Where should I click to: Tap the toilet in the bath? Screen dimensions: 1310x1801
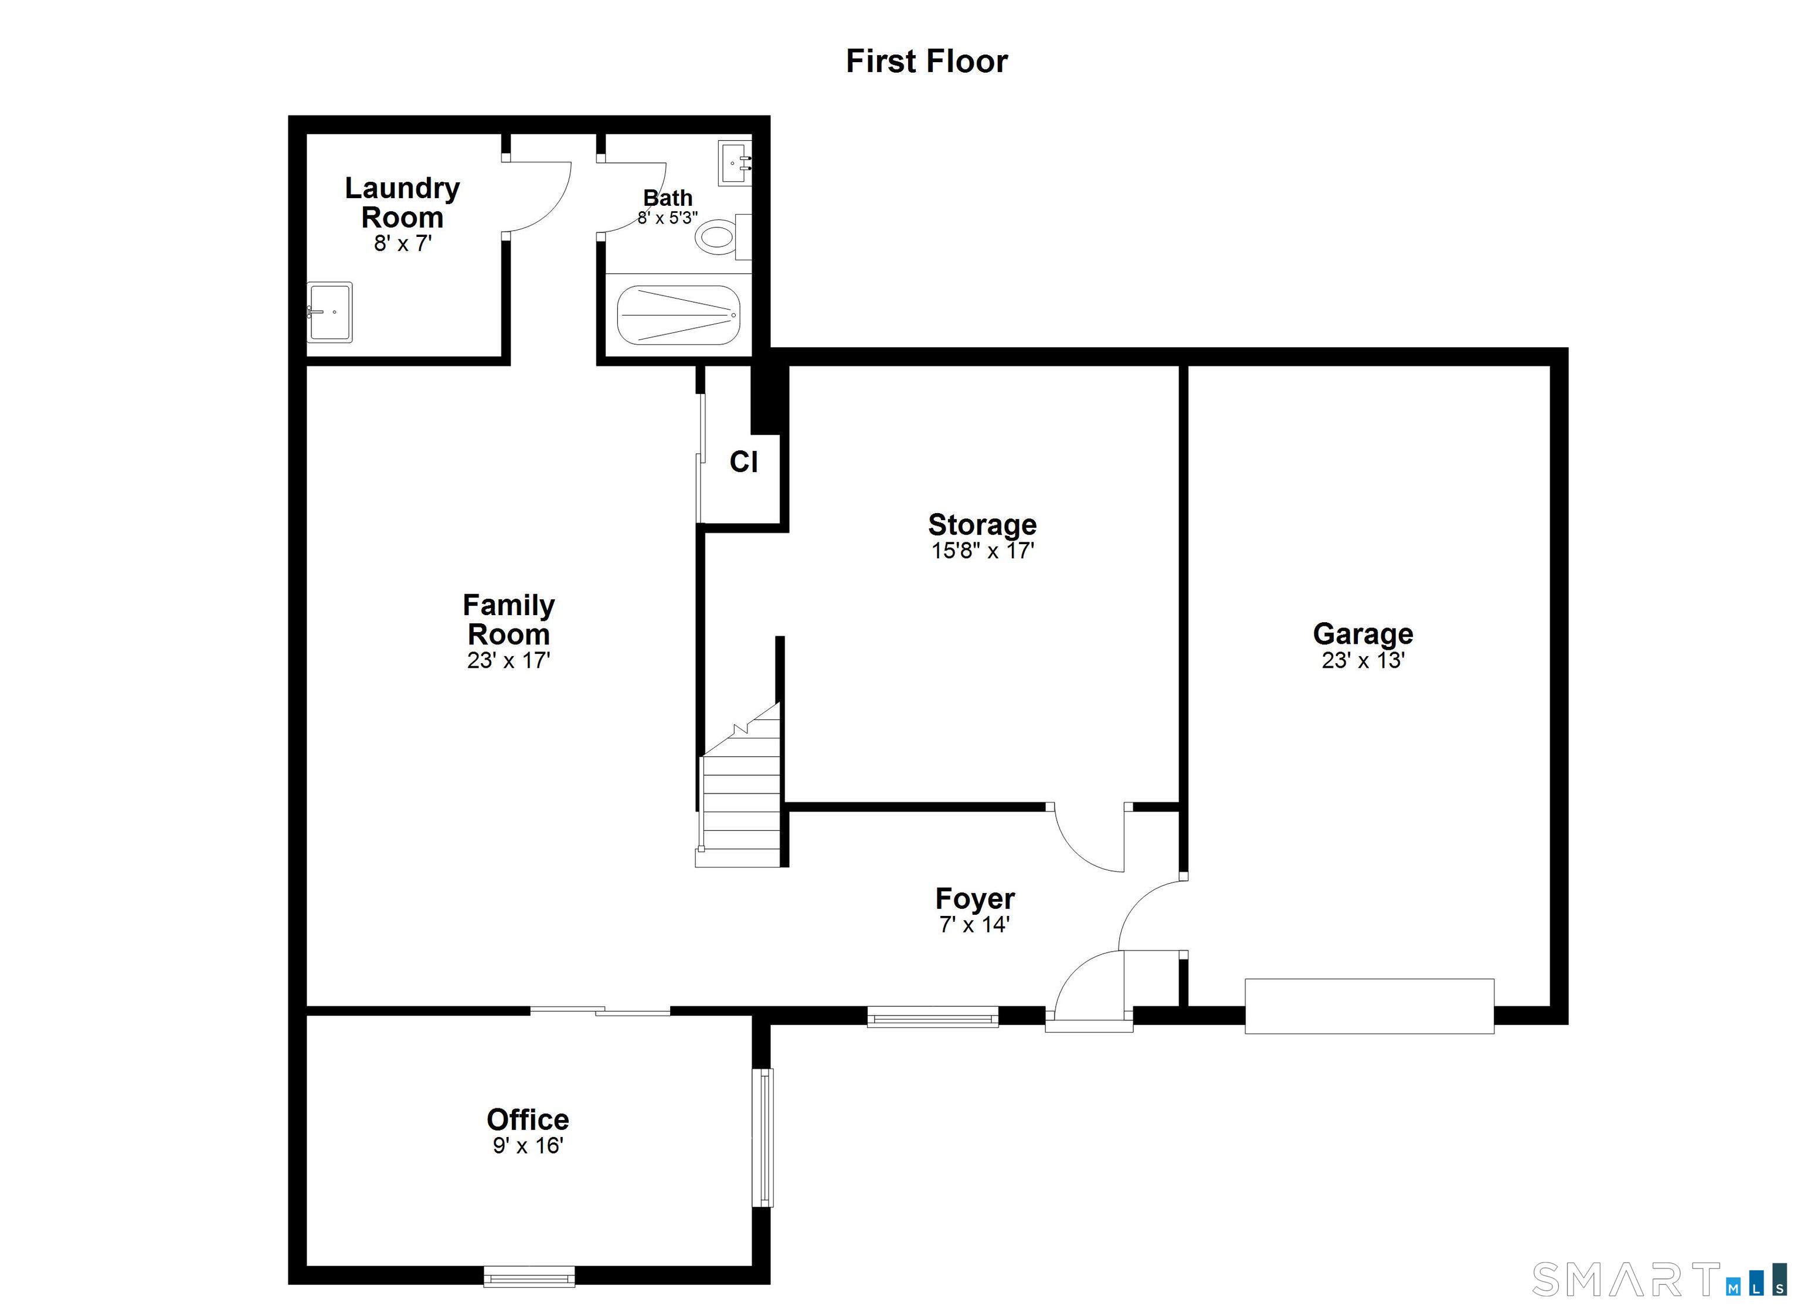point(719,237)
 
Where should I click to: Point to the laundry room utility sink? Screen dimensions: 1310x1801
point(329,312)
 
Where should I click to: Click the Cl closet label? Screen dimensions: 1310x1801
point(743,462)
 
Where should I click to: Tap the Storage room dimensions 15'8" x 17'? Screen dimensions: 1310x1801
point(983,551)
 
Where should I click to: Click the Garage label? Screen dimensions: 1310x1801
point(1362,634)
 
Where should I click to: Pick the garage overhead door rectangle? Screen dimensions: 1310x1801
point(1368,1006)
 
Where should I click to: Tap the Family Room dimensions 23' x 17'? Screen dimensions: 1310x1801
point(508,660)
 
